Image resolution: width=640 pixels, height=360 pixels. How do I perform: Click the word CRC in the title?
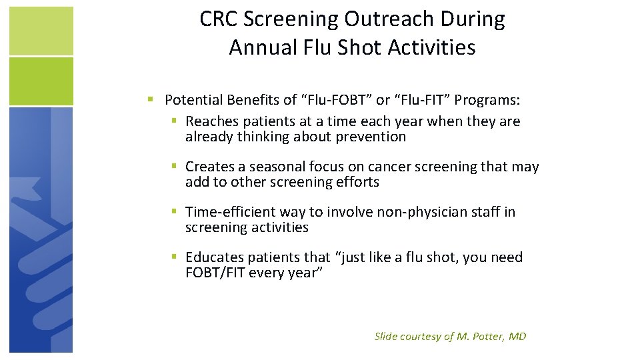click(x=219, y=20)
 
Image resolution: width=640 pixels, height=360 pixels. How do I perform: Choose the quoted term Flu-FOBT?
click(x=335, y=101)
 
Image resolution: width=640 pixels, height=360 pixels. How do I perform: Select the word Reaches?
click(x=211, y=121)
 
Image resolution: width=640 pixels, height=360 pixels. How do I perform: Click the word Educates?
click(x=214, y=257)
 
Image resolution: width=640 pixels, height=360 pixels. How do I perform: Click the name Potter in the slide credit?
click(x=488, y=337)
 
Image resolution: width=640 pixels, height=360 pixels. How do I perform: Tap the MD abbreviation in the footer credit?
click(x=517, y=337)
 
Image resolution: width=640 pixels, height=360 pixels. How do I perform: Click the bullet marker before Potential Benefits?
click(x=151, y=100)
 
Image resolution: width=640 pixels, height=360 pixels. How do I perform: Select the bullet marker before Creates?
click(x=173, y=166)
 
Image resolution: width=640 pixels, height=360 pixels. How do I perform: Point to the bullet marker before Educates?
click(x=173, y=257)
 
